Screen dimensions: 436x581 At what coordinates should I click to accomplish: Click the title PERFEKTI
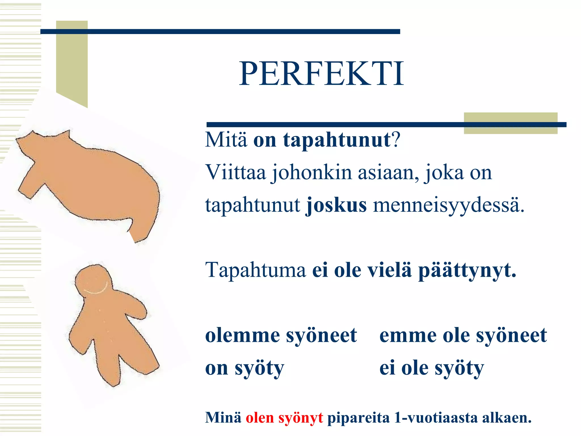[x=321, y=74]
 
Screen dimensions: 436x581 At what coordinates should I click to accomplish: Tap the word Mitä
[x=226, y=140]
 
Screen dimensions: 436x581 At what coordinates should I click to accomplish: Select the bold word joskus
[x=336, y=205]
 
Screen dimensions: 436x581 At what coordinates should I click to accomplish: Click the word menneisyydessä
[x=448, y=206]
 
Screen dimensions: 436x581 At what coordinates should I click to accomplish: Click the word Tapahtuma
[x=255, y=270]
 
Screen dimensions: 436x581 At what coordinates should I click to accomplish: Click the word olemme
[x=242, y=336]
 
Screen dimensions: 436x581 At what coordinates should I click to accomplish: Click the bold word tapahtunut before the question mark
[x=337, y=140]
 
